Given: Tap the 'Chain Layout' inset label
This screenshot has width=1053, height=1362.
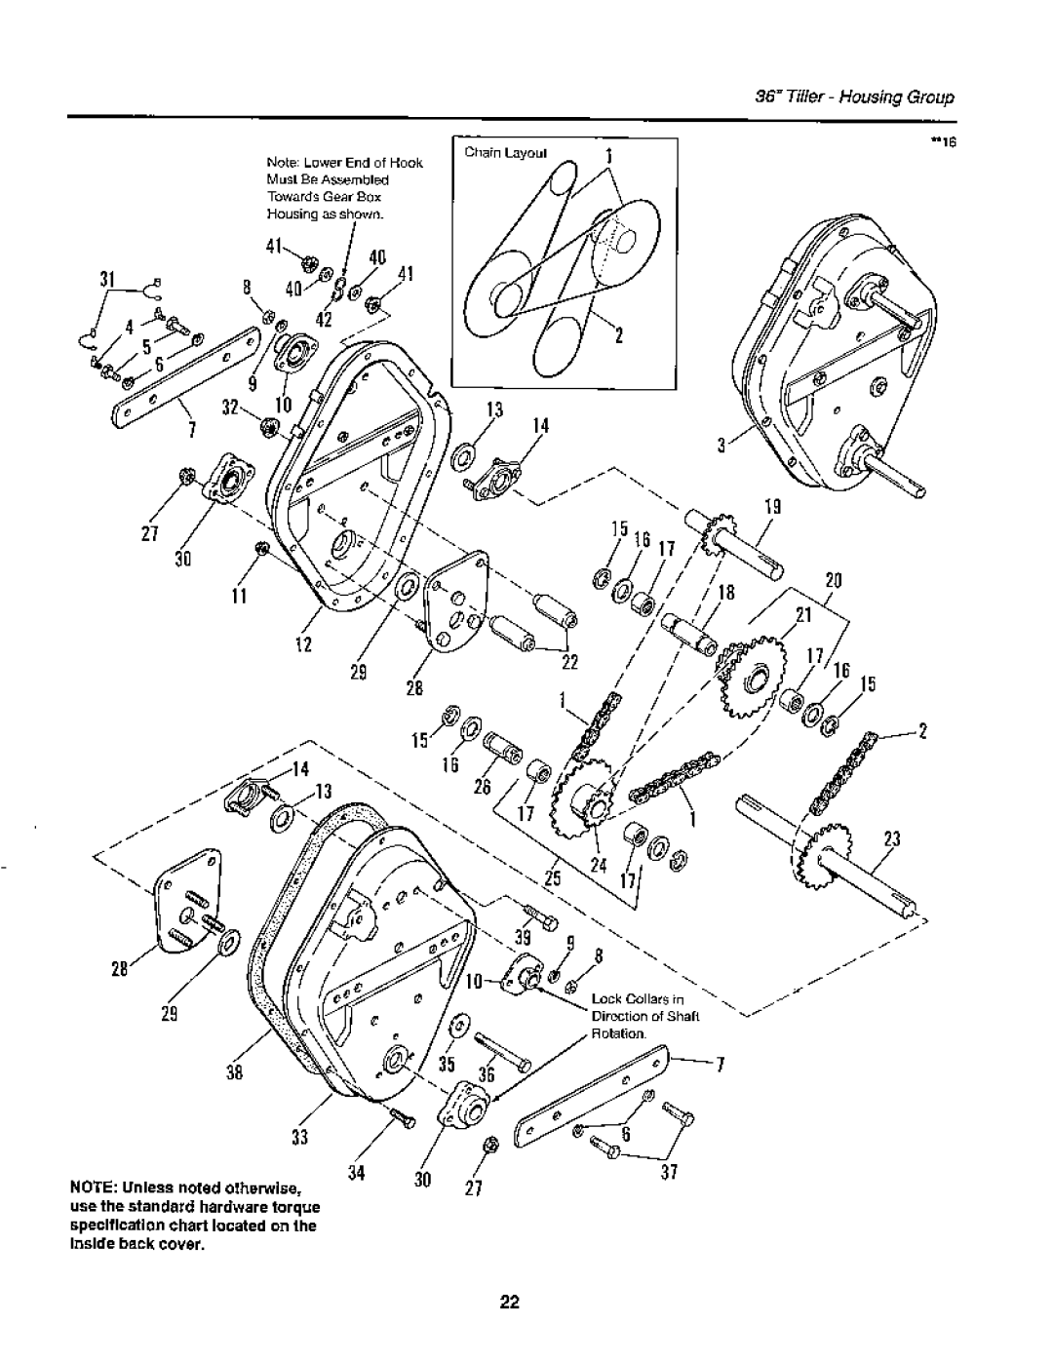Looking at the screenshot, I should [496, 153].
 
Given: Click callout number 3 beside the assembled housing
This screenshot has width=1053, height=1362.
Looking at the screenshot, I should [722, 447].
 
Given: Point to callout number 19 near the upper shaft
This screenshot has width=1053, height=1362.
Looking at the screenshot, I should [772, 508].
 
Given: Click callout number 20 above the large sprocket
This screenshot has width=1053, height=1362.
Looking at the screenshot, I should [833, 578].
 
